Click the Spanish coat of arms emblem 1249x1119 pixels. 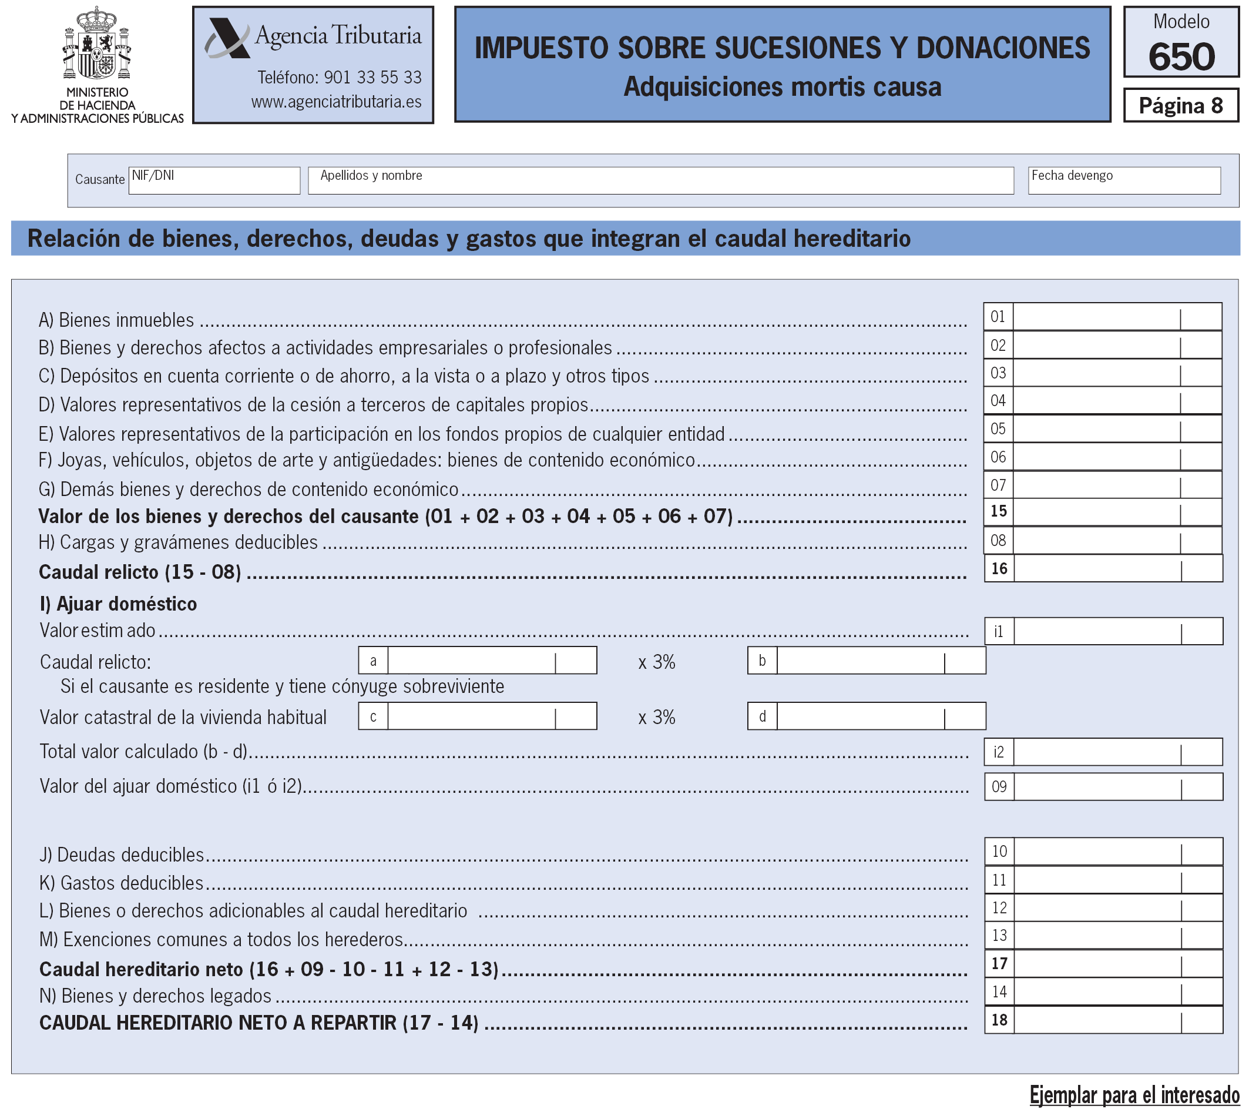pyautogui.click(x=97, y=43)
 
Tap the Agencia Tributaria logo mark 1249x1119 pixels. pyautogui.click(x=227, y=38)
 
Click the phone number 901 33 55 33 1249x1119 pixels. pyautogui.click(x=372, y=78)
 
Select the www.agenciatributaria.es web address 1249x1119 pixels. pyautogui.click(x=336, y=102)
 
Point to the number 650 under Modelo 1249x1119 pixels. pyautogui.click(x=1181, y=56)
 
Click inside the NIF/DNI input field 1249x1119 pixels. pyautogui.click(x=214, y=181)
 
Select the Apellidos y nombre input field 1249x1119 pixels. pyautogui.click(x=660, y=181)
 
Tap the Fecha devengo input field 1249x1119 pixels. pyautogui.click(x=1124, y=181)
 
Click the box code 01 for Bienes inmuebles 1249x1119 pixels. pyautogui.click(x=998, y=317)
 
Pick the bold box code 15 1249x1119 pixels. pyautogui.click(x=998, y=511)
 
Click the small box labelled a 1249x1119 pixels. pyautogui.click(x=373, y=661)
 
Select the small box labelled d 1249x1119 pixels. pyautogui.click(x=762, y=716)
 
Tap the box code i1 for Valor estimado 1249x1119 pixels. pyautogui.click(x=999, y=631)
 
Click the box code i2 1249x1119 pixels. pyautogui.click(x=999, y=752)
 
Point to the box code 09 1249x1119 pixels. pyautogui.click(x=999, y=787)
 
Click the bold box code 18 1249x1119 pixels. pyautogui.click(x=999, y=1020)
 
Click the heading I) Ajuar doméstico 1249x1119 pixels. pyautogui.click(x=118, y=604)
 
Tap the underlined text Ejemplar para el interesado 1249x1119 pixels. pyautogui.click(x=1134, y=1095)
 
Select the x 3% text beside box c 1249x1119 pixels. pyautogui.click(x=656, y=718)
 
